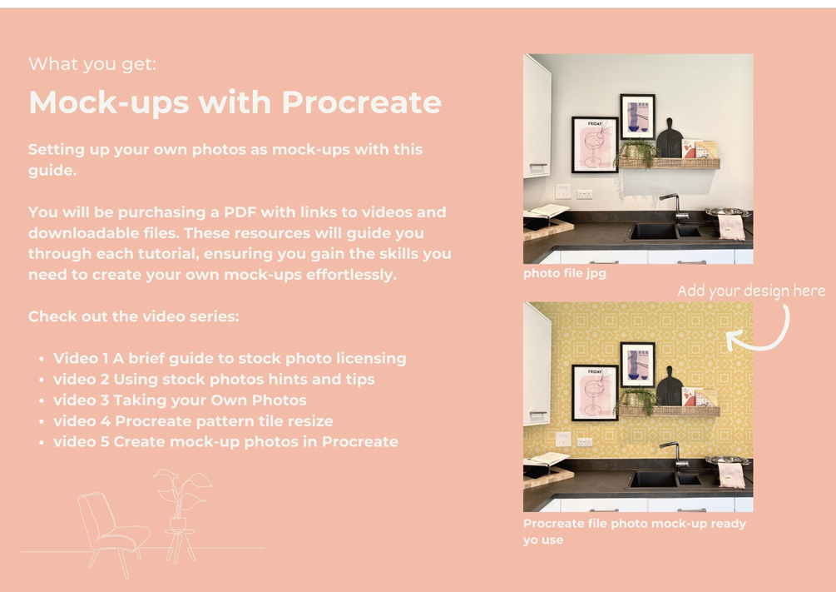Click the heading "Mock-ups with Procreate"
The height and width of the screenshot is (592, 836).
pos(235,102)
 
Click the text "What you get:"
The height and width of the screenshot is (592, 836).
pos(92,64)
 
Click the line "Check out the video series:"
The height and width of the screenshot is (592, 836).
pos(134,316)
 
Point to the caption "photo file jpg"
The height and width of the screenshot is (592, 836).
pos(565,273)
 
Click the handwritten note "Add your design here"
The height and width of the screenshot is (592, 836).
pos(751,291)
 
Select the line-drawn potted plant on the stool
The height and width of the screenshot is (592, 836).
pos(181,512)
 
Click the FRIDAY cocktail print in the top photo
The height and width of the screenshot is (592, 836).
pos(595,145)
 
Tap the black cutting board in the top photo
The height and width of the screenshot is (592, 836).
pos(669,139)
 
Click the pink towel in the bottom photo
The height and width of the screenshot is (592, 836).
pos(731,475)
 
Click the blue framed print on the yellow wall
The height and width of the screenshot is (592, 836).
pos(638,365)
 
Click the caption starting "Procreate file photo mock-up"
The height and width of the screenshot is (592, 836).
pos(635,531)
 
